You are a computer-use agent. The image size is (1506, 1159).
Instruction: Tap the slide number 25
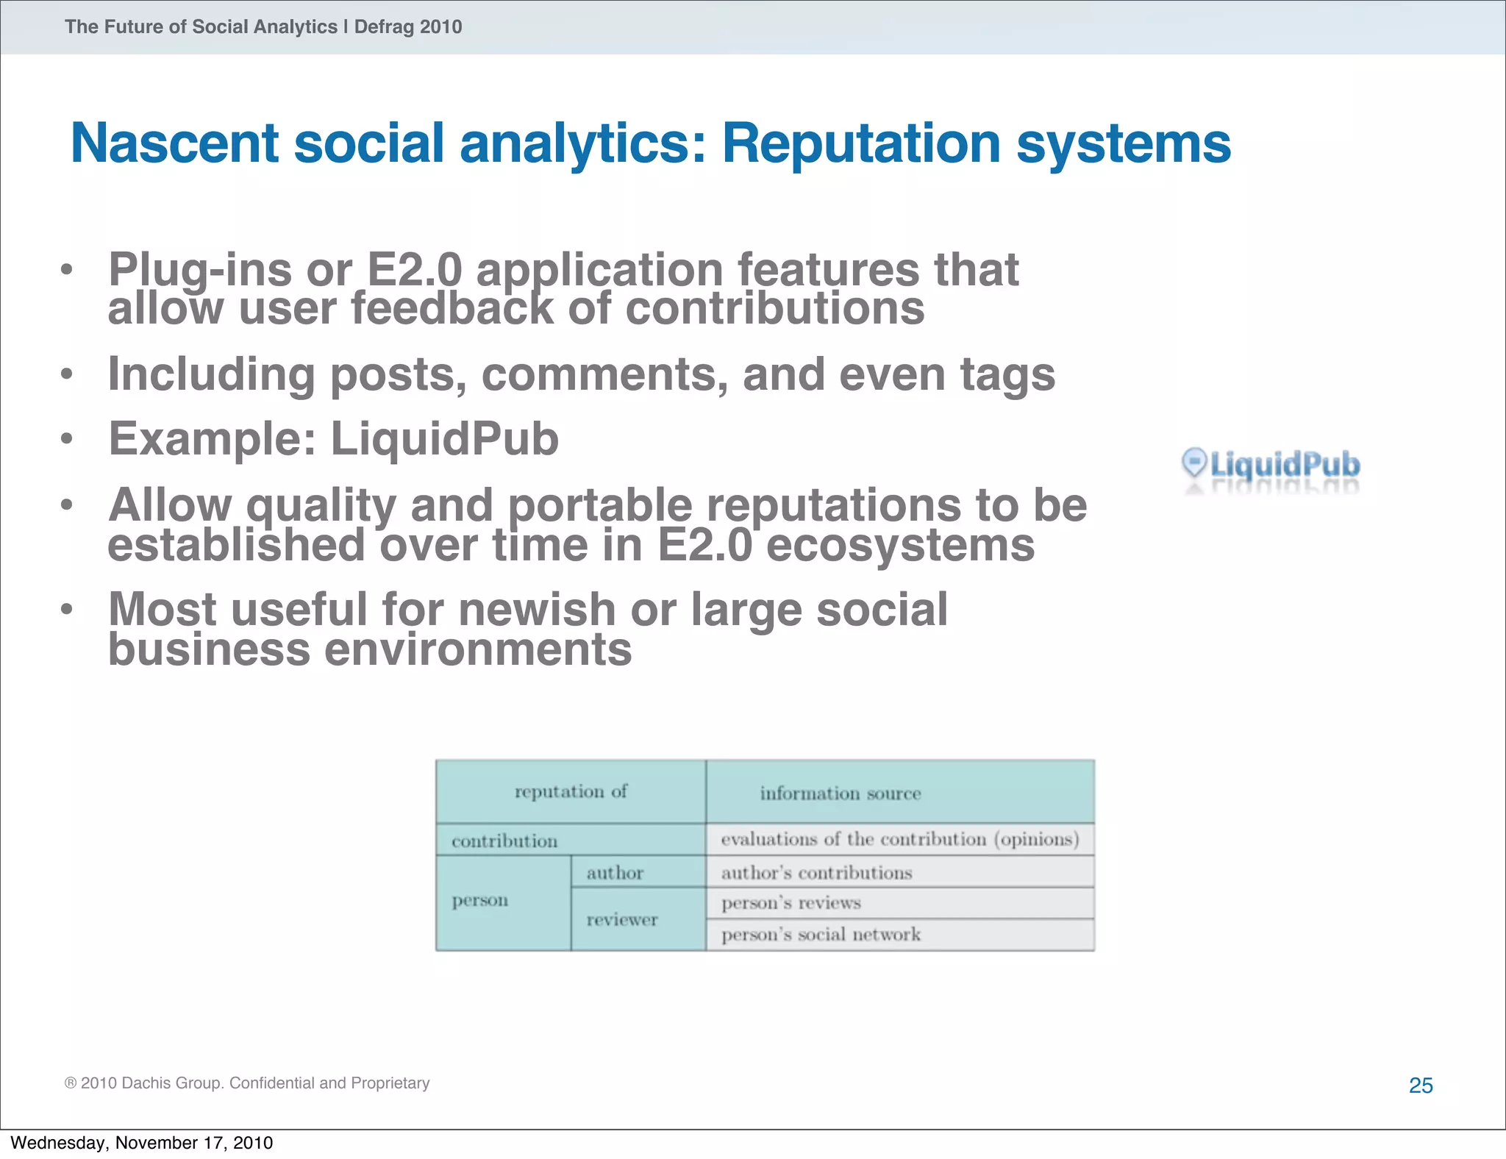pos(1421,1085)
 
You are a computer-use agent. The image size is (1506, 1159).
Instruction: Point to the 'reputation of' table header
pos(571,792)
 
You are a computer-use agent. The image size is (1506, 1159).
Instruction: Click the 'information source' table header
pos(841,794)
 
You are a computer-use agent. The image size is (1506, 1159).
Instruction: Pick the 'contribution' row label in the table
pos(504,841)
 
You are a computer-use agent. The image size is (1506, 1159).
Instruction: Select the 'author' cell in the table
pos(615,873)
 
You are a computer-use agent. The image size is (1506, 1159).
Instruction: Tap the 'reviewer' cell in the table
pos(622,919)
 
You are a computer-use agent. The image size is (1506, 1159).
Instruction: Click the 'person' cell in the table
pos(479,900)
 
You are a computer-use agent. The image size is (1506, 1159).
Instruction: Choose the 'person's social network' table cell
pos(821,935)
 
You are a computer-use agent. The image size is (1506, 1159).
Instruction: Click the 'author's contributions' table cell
pos(816,873)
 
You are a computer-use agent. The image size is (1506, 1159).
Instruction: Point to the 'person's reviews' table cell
pos(791,903)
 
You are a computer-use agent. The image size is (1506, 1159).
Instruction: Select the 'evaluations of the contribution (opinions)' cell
pos(899,840)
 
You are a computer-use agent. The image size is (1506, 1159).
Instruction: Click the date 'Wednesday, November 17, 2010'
pos(142,1143)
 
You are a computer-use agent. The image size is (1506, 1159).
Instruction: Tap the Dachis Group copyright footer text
pos(247,1083)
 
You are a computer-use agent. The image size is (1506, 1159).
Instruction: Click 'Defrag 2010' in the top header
pos(408,27)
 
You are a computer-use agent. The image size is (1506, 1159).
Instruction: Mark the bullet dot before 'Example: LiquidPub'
pos(67,439)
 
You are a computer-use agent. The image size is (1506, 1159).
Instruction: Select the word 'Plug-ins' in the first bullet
pos(199,270)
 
